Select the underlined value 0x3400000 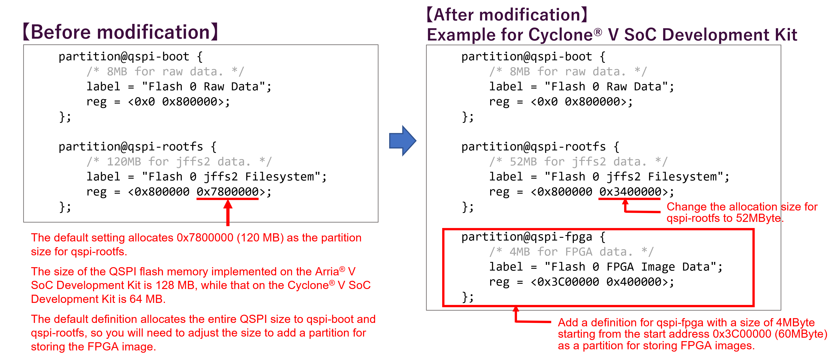[630, 192]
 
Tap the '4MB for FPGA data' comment [571, 252]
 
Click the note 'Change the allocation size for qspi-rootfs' [742, 212]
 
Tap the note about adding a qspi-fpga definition [691, 334]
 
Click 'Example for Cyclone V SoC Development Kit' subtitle [612, 35]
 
